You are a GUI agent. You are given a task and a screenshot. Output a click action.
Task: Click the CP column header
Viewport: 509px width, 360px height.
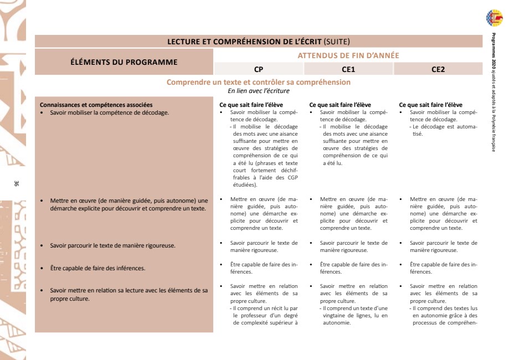pos(259,69)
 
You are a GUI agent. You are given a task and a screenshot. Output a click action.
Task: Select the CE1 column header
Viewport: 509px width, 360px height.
pos(348,69)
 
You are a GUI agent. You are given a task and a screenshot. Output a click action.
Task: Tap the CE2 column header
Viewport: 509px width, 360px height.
pos(438,69)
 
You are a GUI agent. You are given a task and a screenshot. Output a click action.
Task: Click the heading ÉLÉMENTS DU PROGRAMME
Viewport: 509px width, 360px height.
pos(124,62)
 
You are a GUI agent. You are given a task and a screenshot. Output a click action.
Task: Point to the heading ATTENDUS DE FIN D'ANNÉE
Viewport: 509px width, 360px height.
pos(348,55)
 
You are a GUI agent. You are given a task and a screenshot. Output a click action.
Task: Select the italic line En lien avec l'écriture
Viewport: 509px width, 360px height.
pos(259,91)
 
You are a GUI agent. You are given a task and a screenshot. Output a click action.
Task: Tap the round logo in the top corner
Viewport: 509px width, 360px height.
pos(494,18)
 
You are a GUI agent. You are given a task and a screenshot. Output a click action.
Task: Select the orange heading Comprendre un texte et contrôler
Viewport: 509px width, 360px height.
pos(259,83)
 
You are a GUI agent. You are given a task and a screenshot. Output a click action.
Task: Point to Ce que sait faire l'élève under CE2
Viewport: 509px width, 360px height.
pos(430,105)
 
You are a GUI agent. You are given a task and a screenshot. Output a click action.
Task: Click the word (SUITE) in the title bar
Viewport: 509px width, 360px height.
pos(337,42)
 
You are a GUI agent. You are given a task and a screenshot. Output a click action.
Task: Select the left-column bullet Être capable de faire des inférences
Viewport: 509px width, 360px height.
pos(97,269)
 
